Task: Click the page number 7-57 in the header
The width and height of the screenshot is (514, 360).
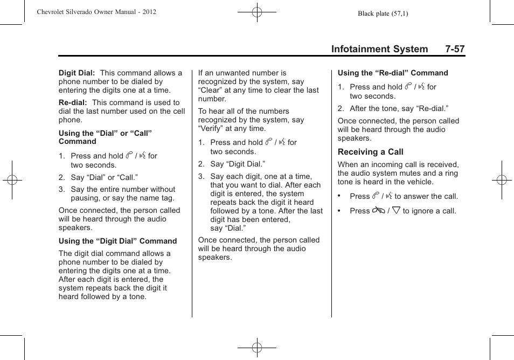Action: click(455, 49)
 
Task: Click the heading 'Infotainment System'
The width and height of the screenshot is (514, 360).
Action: click(379, 49)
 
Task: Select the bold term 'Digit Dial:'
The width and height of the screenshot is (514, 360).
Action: click(77, 73)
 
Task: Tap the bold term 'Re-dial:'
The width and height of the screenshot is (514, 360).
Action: click(73, 102)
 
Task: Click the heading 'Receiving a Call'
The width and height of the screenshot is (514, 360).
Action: click(370, 152)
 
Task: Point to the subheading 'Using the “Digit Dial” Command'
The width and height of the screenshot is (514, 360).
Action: click(117, 241)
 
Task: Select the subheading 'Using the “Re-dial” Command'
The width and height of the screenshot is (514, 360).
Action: click(393, 73)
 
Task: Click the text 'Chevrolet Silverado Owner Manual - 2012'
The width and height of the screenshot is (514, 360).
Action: click(96, 11)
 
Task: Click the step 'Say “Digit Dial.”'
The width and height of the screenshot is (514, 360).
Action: click(238, 164)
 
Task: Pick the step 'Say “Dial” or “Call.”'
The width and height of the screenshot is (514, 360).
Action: click(104, 177)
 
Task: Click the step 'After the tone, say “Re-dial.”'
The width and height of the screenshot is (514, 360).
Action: click(399, 108)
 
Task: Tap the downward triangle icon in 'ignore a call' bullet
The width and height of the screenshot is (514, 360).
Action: click(396, 211)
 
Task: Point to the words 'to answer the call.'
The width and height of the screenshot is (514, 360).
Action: click(426, 196)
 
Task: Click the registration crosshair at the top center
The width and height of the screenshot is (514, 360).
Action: click(257, 12)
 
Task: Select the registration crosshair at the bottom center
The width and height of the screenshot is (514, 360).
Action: click(257, 348)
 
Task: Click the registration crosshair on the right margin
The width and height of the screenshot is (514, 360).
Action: click(502, 180)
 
